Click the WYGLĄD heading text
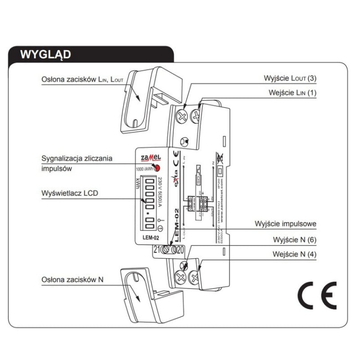(x=46, y=54)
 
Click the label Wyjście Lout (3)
(x=290, y=78)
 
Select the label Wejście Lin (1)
(x=292, y=92)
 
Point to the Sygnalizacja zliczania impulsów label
(x=77, y=163)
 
